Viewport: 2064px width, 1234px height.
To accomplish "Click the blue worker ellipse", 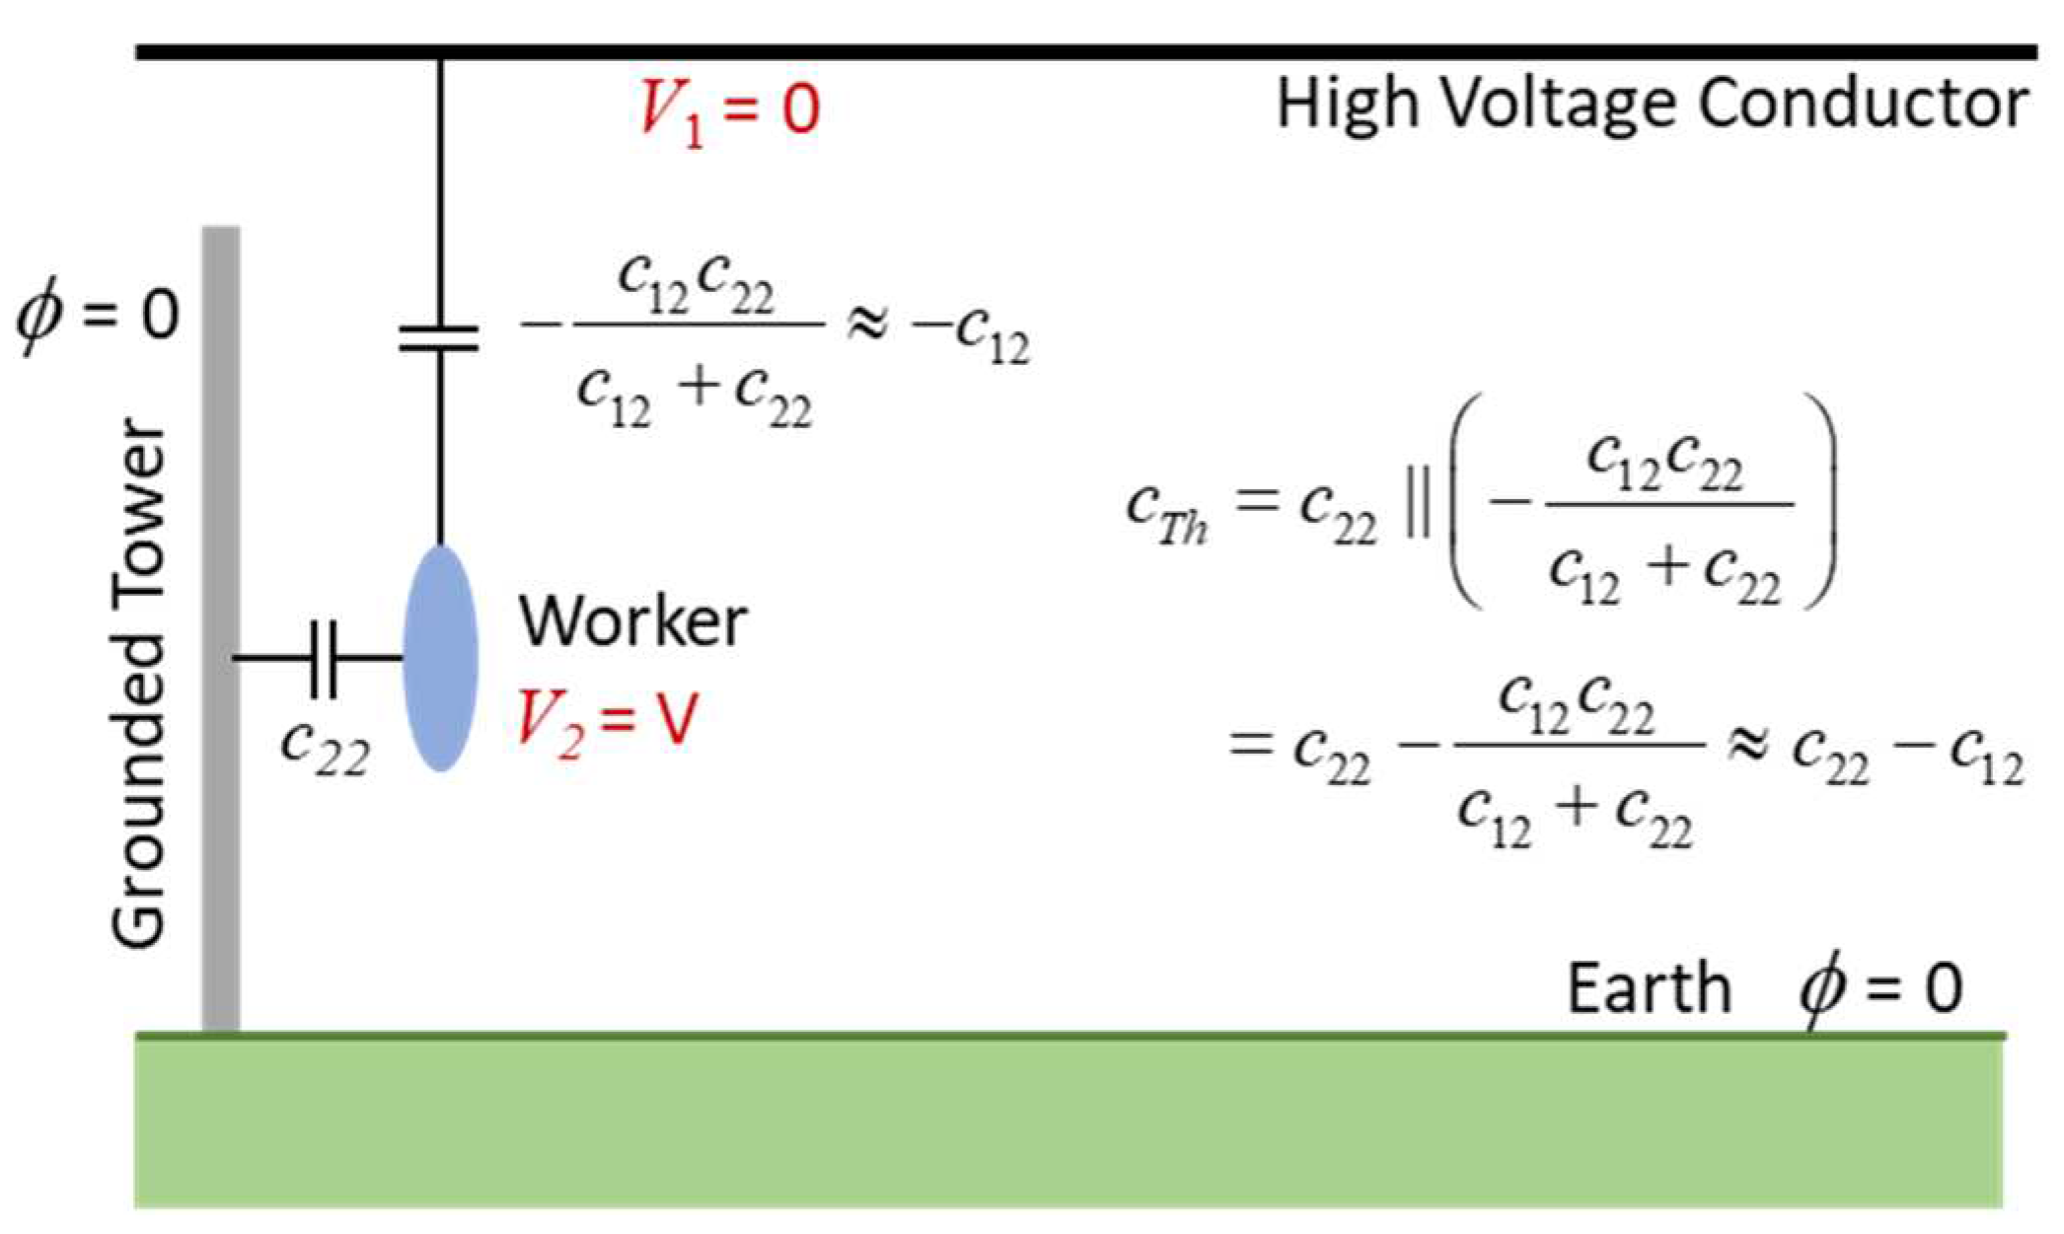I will (x=441, y=658).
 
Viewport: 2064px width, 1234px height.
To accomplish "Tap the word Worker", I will (x=632, y=621).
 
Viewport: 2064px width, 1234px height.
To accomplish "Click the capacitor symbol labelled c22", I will (x=324, y=658).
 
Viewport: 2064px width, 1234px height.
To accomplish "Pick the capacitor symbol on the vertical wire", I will (x=440, y=338).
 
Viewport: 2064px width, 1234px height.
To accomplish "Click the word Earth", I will (x=1649, y=988).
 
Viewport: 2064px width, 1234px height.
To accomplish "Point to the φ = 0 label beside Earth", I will (x=1880, y=989).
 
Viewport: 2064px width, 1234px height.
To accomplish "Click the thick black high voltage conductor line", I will (x=1085, y=51).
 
